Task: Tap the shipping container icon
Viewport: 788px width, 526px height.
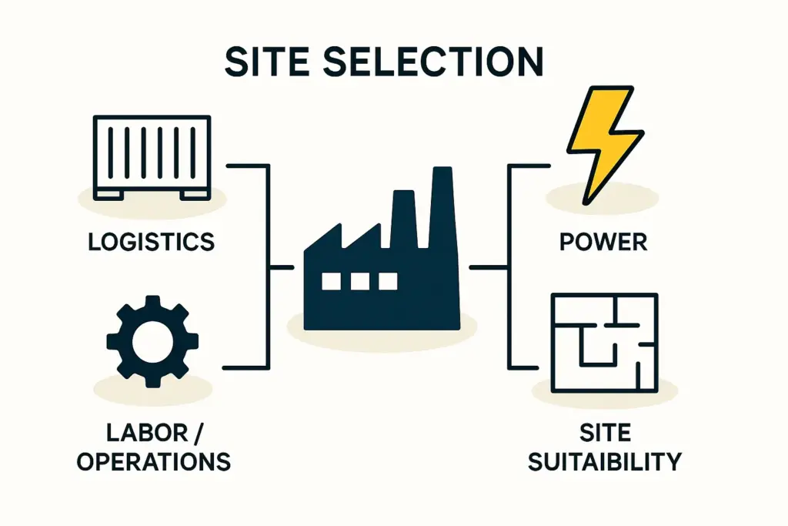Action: click(152, 158)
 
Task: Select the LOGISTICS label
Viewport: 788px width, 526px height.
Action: click(151, 242)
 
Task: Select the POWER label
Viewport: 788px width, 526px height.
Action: click(603, 242)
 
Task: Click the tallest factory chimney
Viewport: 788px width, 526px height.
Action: click(442, 208)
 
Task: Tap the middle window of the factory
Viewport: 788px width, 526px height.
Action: click(359, 281)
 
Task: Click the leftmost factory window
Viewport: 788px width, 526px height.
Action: click(331, 281)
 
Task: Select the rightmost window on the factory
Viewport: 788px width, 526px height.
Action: click(388, 281)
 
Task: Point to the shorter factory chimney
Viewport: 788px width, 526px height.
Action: click(404, 219)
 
